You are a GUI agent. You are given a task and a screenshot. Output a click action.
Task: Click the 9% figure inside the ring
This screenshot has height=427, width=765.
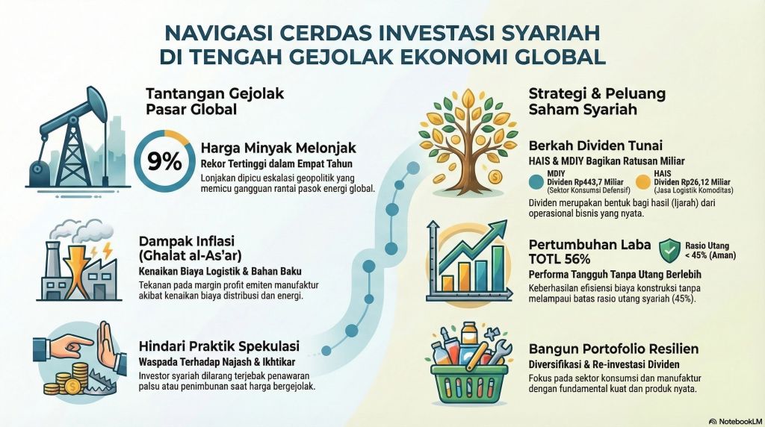click(163, 162)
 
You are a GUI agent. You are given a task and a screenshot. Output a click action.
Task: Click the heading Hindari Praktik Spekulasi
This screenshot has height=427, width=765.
click(220, 346)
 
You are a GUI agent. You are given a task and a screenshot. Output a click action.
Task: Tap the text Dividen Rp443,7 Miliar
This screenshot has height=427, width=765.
click(587, 182)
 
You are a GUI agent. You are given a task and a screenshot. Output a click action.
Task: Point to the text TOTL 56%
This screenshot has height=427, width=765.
click(560, 259)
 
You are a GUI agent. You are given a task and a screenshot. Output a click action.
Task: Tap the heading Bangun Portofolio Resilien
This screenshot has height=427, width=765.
click(614, 349)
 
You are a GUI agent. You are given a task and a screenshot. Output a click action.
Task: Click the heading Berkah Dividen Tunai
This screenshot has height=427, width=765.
click(586, 146)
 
